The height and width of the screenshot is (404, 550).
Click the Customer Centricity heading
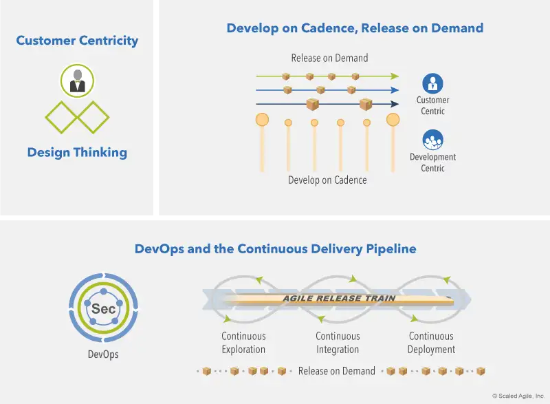77,41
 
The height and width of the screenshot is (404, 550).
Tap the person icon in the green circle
77,81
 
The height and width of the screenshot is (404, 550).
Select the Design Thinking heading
77,152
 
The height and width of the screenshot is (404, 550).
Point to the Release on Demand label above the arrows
329,58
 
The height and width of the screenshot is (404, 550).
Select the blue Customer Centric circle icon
432,84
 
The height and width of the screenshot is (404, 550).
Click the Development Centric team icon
432,141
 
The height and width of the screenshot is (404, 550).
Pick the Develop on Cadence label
327,180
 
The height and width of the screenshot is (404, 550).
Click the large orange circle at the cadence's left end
262,120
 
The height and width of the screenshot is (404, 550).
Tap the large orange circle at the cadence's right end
393,120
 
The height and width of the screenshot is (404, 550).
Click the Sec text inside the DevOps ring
104,309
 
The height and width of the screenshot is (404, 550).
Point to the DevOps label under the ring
104,355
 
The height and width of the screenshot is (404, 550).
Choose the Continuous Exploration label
243,343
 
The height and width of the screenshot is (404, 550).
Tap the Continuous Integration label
338,343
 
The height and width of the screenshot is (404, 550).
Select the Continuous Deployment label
431,343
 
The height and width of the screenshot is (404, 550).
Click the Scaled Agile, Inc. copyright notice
518,396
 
